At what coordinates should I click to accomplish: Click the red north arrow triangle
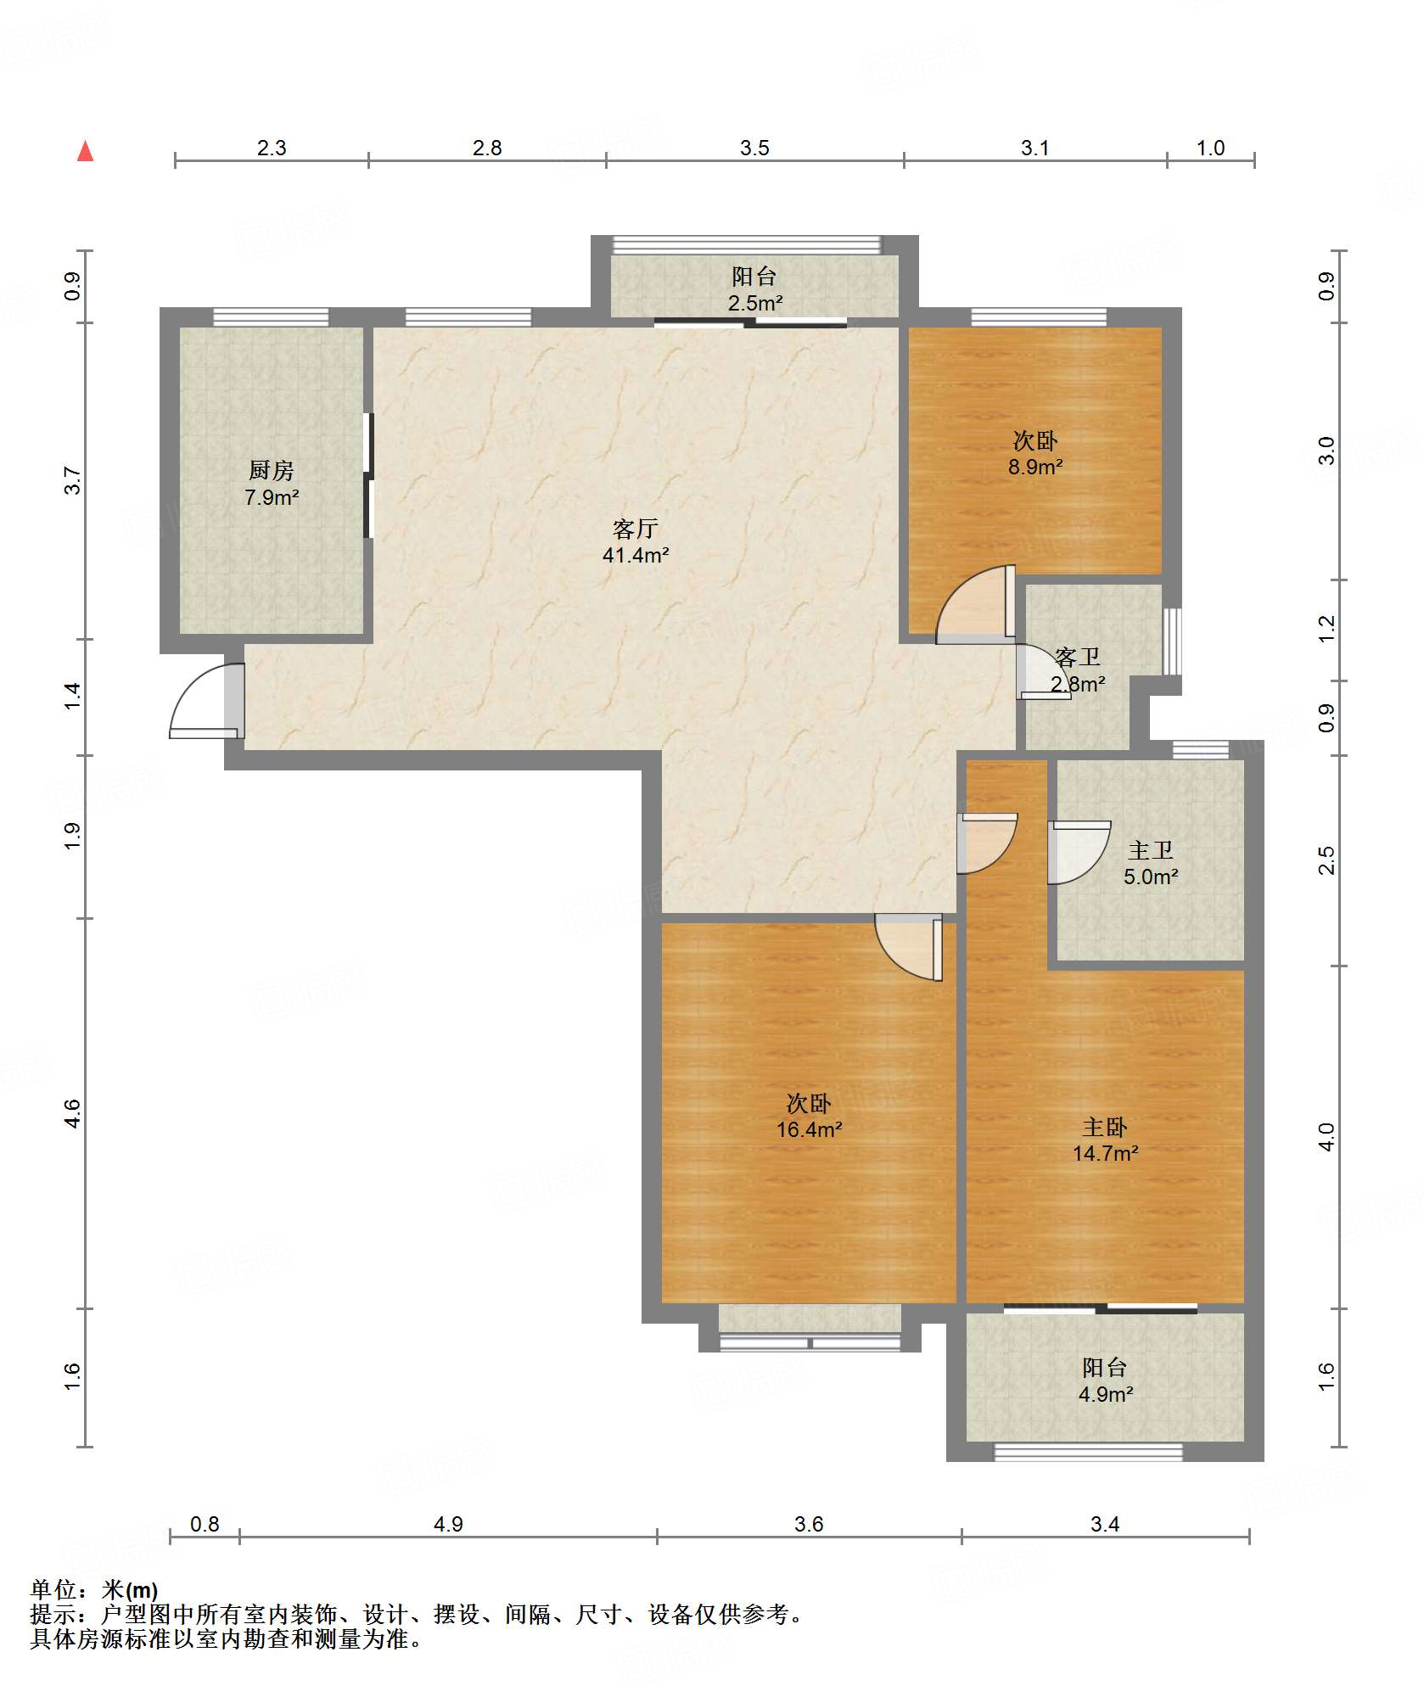tap(85, 151)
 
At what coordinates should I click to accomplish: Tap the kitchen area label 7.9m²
tap(272, 497)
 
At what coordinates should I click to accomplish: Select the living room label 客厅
tap(636, 529)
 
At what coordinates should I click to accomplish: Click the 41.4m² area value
tap(636, 556)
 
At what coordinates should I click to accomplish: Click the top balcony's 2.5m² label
tap(755, 303)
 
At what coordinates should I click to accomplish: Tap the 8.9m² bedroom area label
tap(1035, 467)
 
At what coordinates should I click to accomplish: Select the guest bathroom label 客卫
tap(1078, 657)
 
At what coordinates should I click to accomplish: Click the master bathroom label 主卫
tap(1151, 850)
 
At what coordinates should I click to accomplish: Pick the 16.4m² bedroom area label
tap(810, 1129)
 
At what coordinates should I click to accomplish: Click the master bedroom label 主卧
tap(1105, 1127)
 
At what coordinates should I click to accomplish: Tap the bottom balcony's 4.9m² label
tap(1106, 1394)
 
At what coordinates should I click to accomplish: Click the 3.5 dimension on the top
tap(754, 148)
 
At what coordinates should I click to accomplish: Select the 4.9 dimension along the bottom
tap(448, 1525)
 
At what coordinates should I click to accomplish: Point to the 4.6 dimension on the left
tap(73, 1112)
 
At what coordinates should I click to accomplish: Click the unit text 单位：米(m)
tap(94, 1590)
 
